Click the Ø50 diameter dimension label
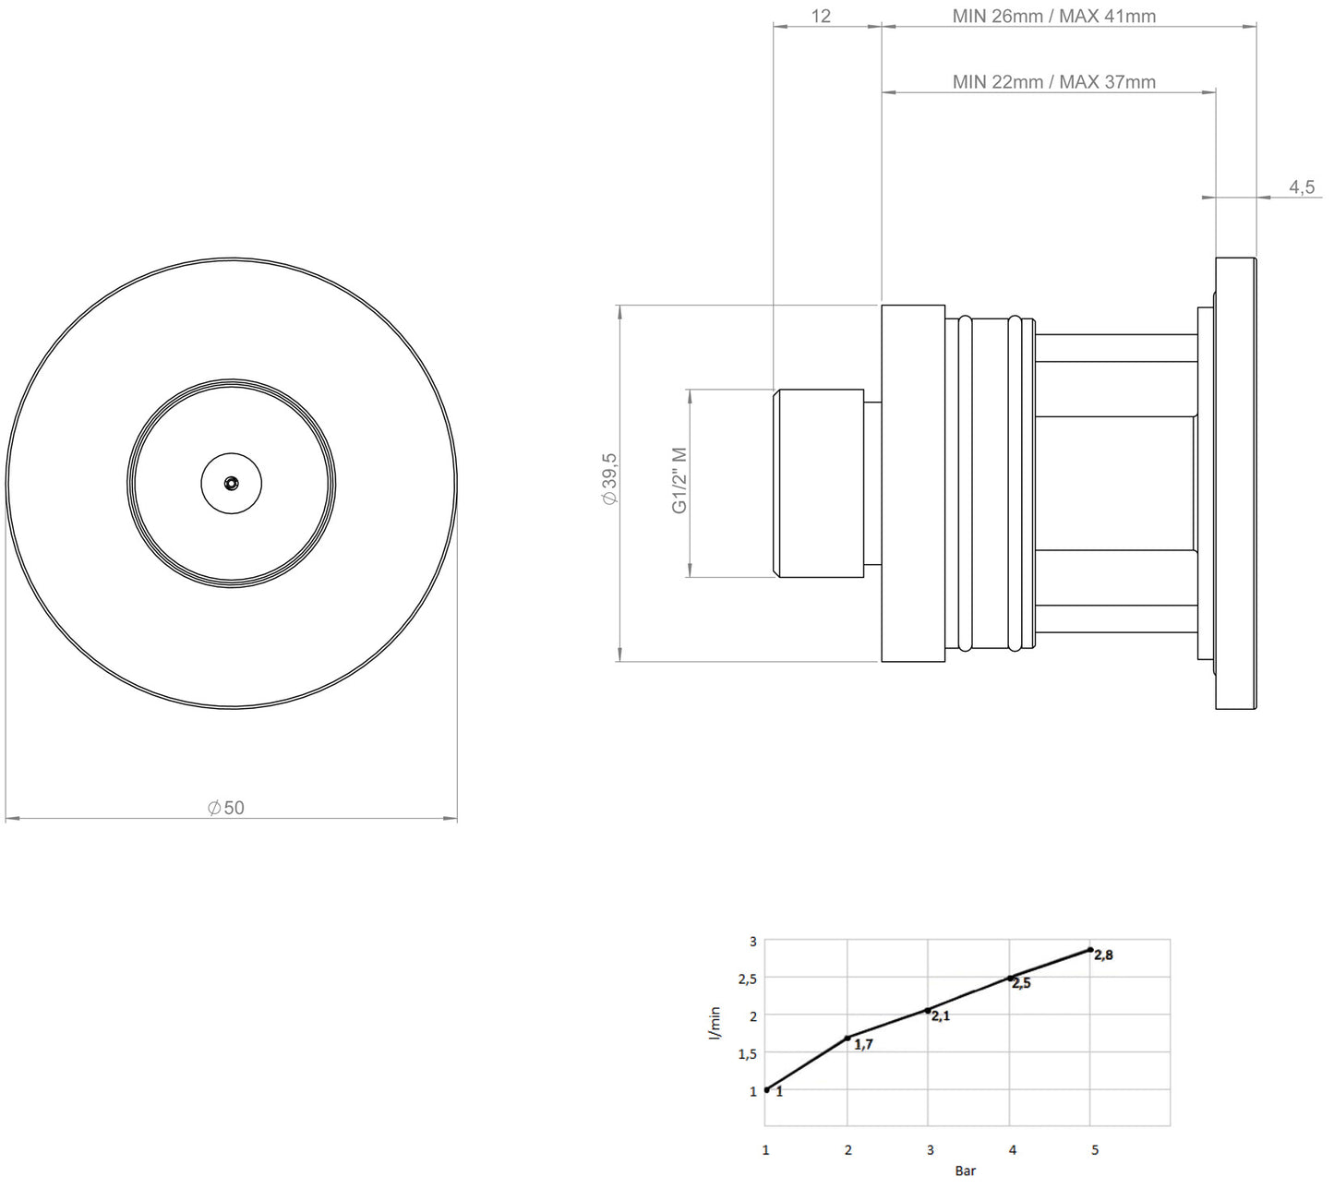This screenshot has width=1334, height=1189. pos(226,808)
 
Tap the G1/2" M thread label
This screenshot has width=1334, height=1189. pos(679,480)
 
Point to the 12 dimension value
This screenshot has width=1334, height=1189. pos(821,16)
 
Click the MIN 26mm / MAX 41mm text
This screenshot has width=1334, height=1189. pos(1053,16)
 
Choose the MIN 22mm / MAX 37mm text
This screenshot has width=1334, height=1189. pos(1053,82)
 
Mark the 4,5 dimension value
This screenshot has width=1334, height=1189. pos(1302,187)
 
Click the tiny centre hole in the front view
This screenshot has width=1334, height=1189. pos(231,481)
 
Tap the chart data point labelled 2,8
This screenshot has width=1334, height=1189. pos(1090,949)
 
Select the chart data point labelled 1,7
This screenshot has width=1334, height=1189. pos(847,1038)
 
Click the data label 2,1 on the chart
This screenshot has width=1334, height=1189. pos(940,1016)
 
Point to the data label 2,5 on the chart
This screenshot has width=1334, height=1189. pos(1020,984)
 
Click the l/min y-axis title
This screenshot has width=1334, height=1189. pos(715,1024)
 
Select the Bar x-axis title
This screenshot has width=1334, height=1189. pos(966,1171)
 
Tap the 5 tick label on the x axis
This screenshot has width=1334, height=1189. pos(1095,1150)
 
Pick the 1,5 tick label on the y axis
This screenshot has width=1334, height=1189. pos(746,1053)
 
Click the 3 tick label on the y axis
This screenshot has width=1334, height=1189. pos(752,941)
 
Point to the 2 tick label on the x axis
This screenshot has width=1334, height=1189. pos(847,1150)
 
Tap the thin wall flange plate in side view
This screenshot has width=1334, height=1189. pos(1235,483)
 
